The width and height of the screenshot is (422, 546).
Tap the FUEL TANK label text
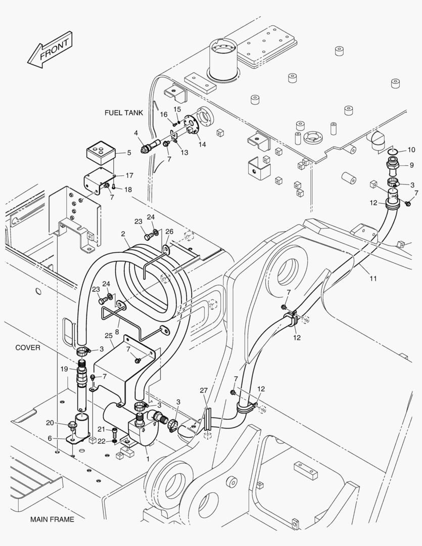click(x=124, y=113)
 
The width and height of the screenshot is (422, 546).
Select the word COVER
click(x=27, y=348)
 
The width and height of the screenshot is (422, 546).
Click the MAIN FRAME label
click(x=52, y=519)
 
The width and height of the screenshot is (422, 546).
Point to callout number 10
click(x=411, y=150)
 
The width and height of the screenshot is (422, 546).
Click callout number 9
click(x=411, y=165)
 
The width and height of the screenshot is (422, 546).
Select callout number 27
click(x=203, y=390)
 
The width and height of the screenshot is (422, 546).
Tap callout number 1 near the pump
click(x=148, y=459)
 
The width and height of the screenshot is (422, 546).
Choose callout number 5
click(x=128, y=152)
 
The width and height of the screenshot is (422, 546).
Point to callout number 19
click(x=64, y=369)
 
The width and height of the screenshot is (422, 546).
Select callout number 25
click(x=108, y=336)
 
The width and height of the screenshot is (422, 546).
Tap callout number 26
click(x=169, y=232)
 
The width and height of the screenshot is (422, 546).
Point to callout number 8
click(x=117, y=332)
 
